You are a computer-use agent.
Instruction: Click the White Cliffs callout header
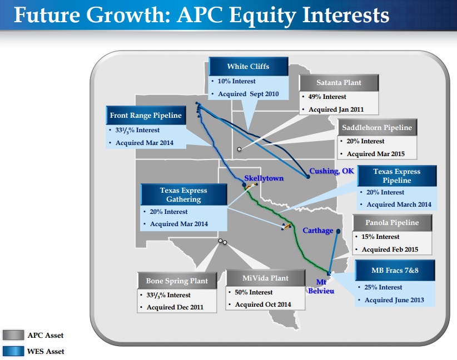tap(249, 67)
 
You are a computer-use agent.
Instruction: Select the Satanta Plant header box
tap(339, 83)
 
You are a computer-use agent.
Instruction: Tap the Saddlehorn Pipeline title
tap(377, 128)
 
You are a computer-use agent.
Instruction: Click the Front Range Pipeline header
tap(146, 116)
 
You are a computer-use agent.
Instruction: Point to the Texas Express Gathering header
tap(183, 194)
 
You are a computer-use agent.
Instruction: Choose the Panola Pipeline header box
tap(393, 223)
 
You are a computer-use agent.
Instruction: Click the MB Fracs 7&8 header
tap(395, 271)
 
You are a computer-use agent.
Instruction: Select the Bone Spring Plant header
tap(177, 281)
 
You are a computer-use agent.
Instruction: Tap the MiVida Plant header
tap(266, 278)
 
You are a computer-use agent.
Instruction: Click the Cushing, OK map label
tap(331, 171)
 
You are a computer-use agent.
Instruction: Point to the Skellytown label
tap(264, 178)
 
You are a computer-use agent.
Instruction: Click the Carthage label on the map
tap(317, 231)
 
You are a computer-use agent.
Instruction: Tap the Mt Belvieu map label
tap(321, 286)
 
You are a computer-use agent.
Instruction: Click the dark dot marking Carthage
tap(338, 231)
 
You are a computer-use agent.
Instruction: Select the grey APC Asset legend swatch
tap(13, 335)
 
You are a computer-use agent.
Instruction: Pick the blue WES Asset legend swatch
tap(13, 351)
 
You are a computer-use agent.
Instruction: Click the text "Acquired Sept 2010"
tap(249, 94)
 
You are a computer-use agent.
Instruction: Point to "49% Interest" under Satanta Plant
tap(327, 97)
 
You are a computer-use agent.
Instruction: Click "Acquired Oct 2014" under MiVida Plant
tap(263, 304)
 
